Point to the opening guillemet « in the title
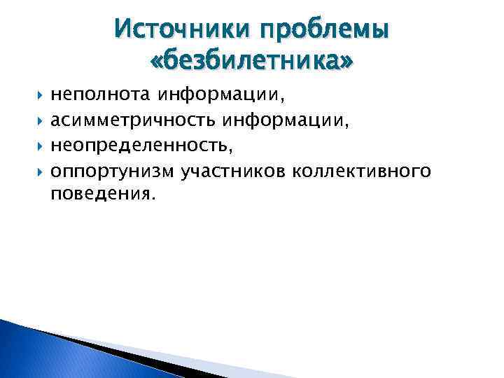[157, 64]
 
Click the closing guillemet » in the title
[346, 64]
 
